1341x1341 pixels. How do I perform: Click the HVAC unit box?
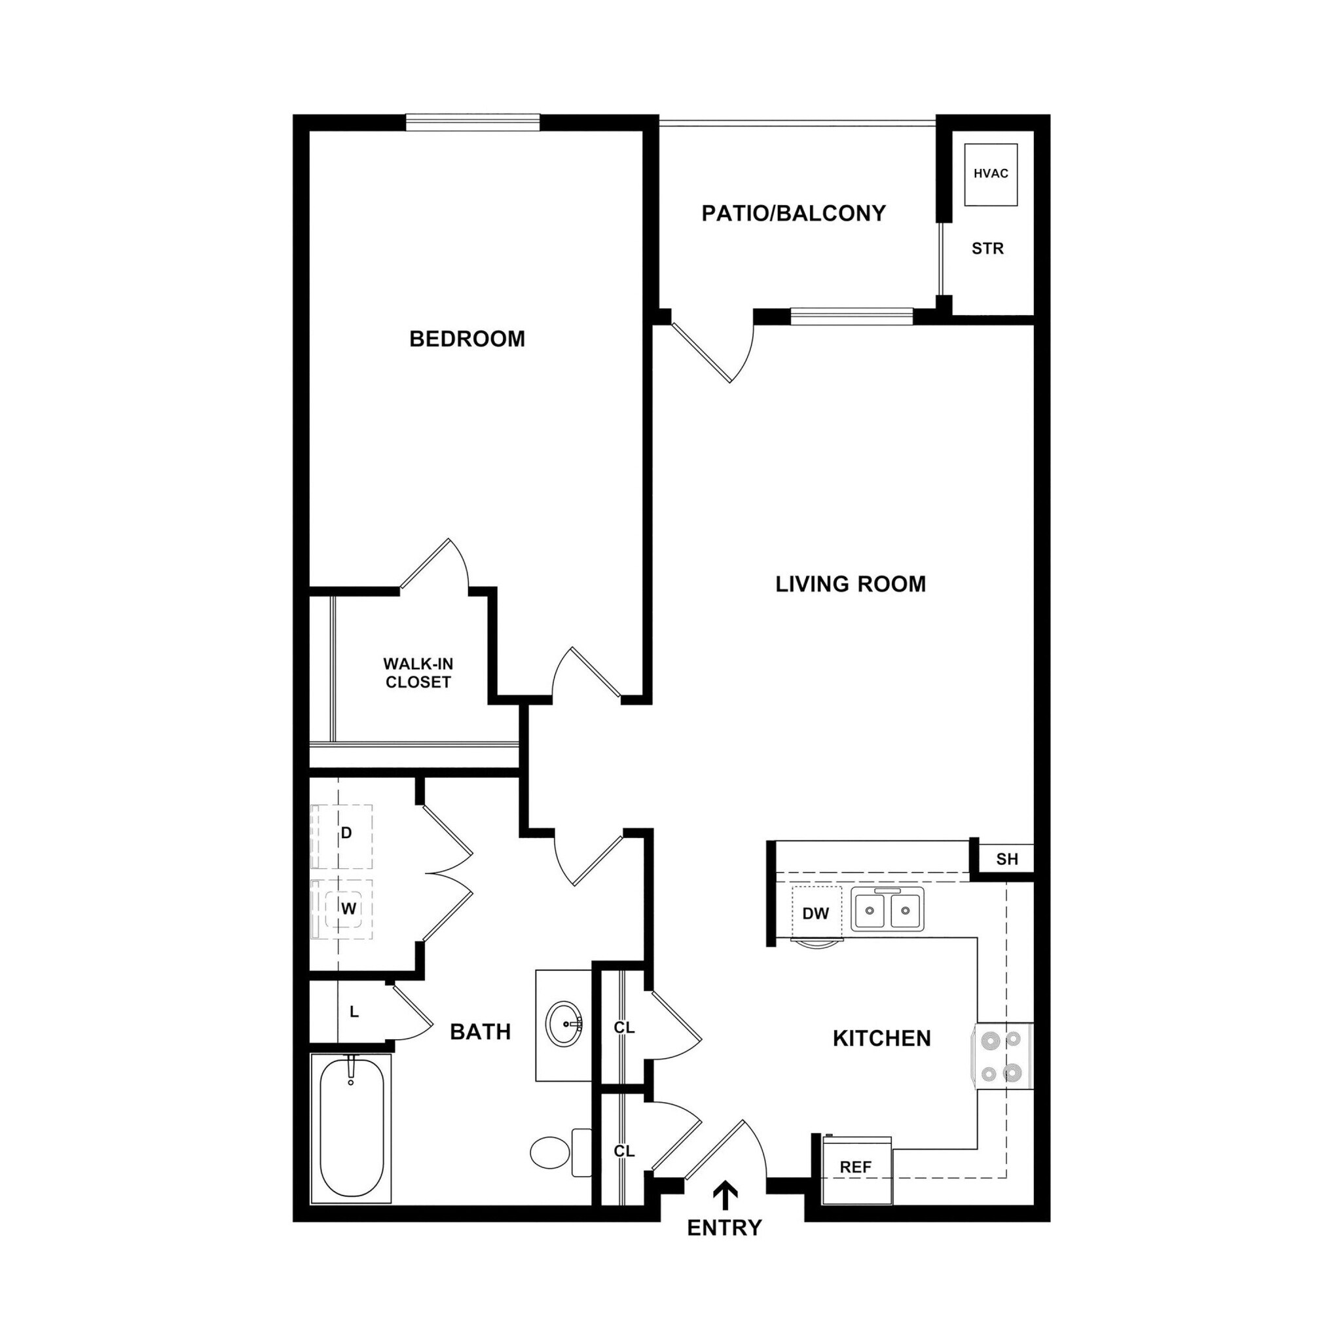click(x=991, y=174)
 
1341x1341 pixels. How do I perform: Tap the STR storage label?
click(x=987, y=248)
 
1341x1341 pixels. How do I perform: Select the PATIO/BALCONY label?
click(x=794, y=213)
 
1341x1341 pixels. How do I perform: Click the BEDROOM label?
click(x=467, y=339)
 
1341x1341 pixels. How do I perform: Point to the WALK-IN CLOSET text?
click(x=418, y=672)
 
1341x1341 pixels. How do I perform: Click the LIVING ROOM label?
click(x=851, y=583)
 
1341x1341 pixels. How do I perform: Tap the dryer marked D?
click(x=345, y=836)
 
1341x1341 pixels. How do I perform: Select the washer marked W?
click(x=347, y=909)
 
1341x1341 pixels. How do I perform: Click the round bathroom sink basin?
click(x=564, y=1024)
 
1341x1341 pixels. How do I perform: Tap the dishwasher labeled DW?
click(x=817, y=914)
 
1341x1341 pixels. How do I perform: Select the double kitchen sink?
click(x=888, y=909)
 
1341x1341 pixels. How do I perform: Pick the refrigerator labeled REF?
click(x=856, y=1167)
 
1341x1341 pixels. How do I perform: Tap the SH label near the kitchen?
click(x=1007, y=859)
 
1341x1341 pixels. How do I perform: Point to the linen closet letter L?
click(x=354, y=1013)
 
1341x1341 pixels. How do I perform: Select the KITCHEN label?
click(x=881, y=1038)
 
